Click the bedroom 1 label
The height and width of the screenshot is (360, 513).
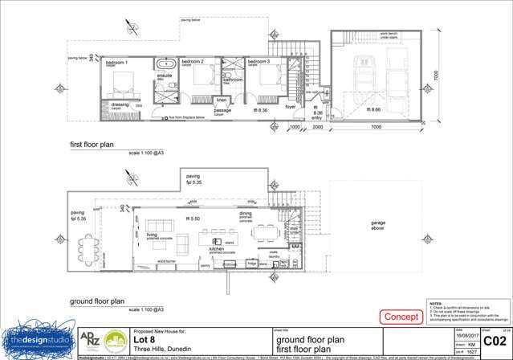tap(116, 62)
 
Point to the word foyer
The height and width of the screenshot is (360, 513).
tap(291, 106)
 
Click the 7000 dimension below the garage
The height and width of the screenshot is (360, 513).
tap(374, 127)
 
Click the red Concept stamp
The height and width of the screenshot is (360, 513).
tap(401, 317)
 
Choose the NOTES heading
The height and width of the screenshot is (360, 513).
tap(437, 304)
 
